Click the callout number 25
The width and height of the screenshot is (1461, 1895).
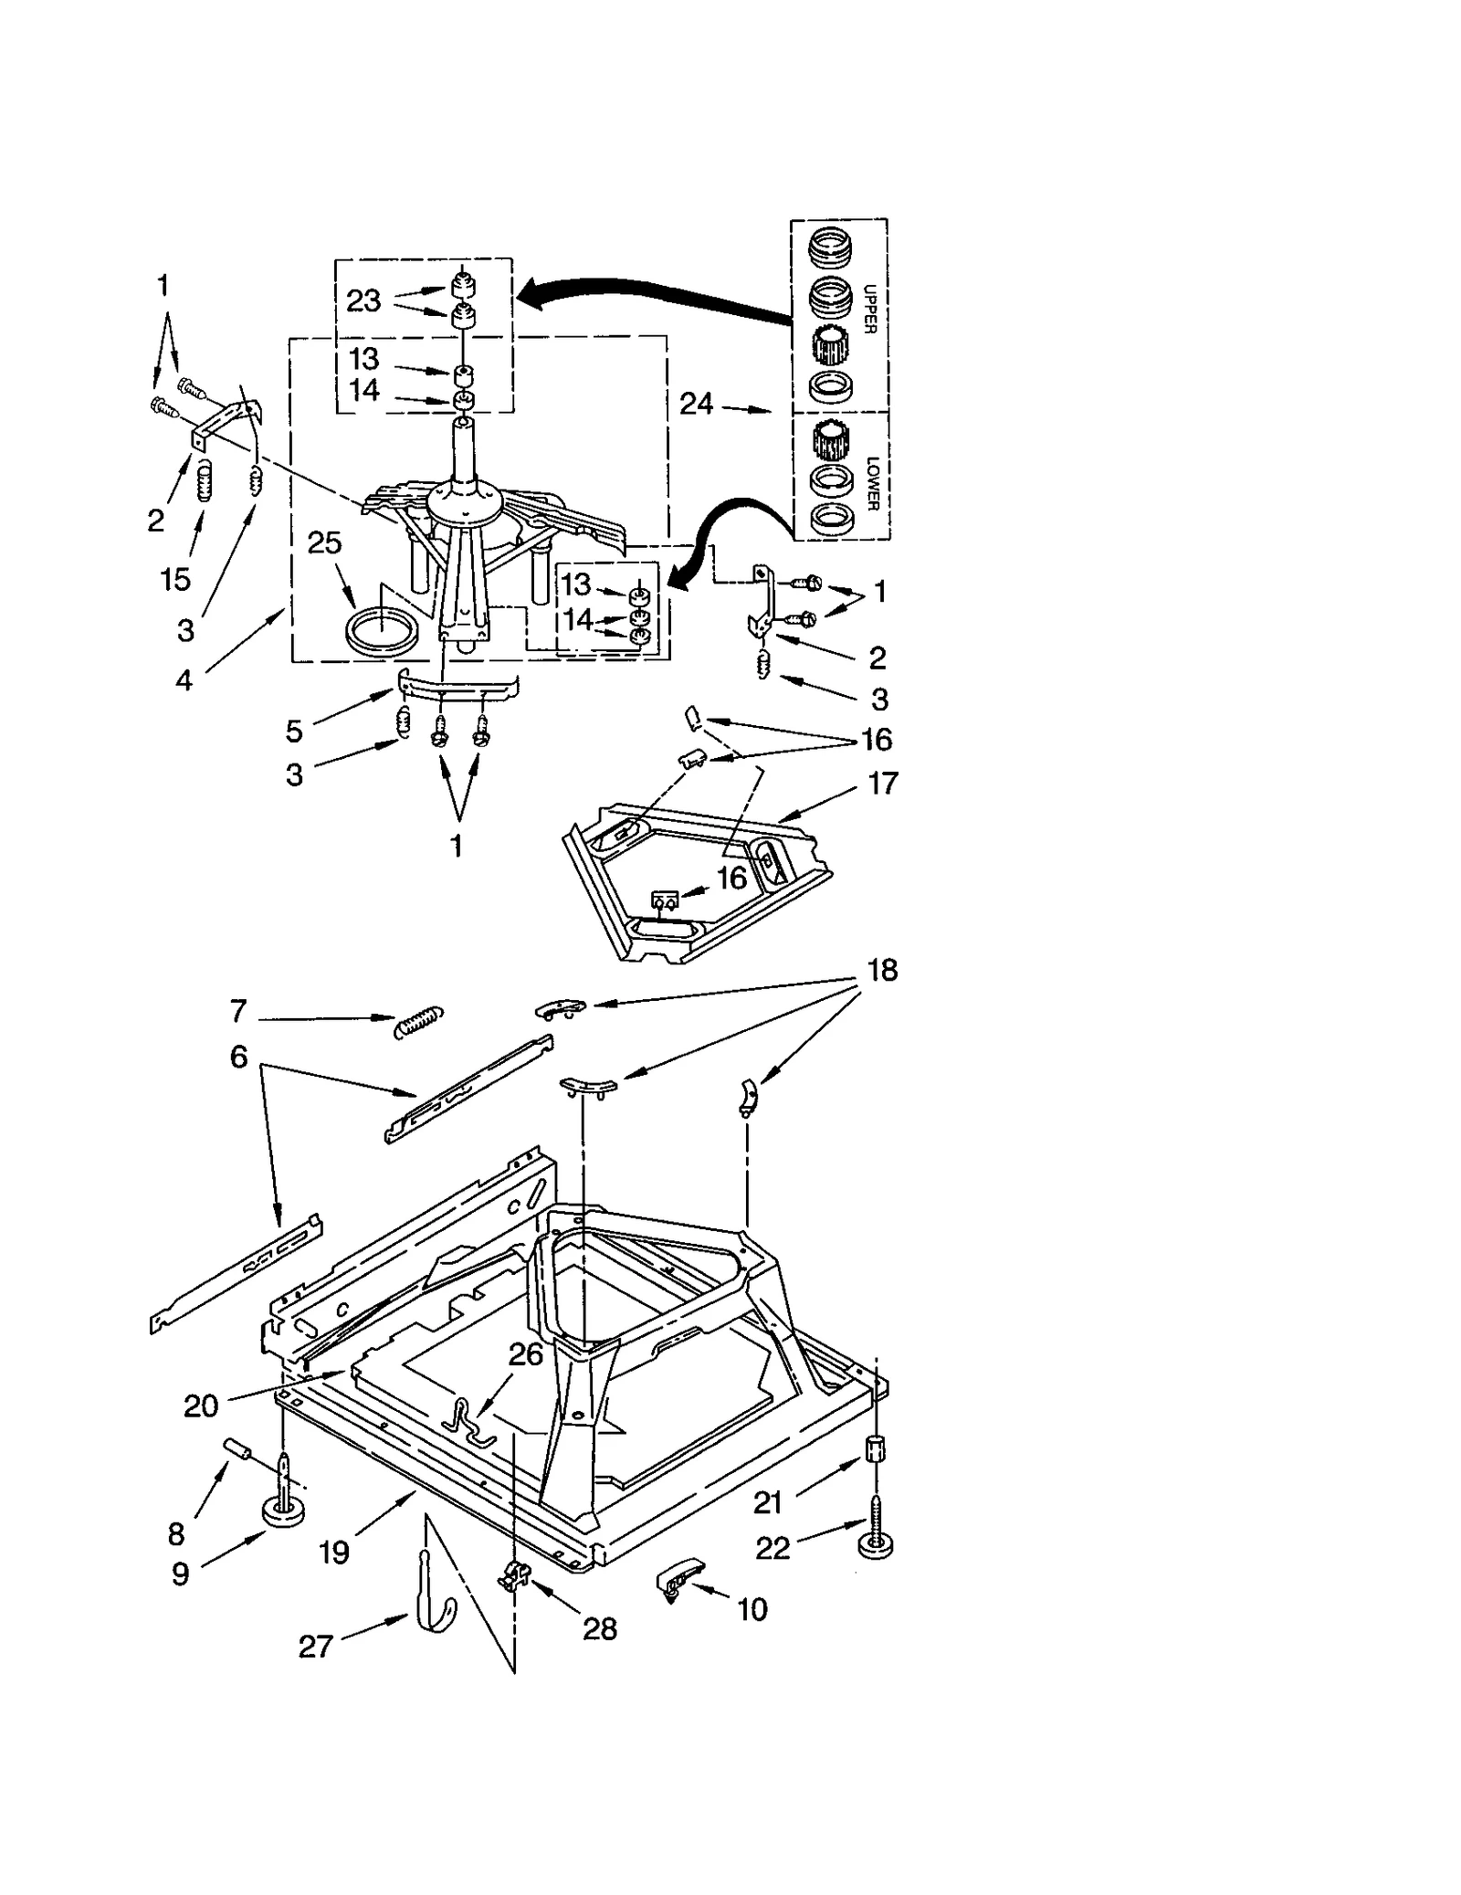[x=324, y=542]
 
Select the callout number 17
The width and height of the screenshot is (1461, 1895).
[x=883, y=783]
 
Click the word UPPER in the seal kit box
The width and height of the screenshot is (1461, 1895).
[x=868, y=310]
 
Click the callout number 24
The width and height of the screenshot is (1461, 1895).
[x=696, y=403]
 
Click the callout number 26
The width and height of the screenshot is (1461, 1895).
[x=526, y=1354]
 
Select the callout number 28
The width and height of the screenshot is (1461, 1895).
[x=600, y=1628]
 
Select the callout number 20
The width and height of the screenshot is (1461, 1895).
[x=201, y=1405]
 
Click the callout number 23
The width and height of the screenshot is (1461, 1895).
[x=363, y=300]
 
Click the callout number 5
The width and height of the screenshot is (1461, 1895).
[x=294, y=730]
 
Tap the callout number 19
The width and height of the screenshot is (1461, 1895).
[x=335, y=1552]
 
